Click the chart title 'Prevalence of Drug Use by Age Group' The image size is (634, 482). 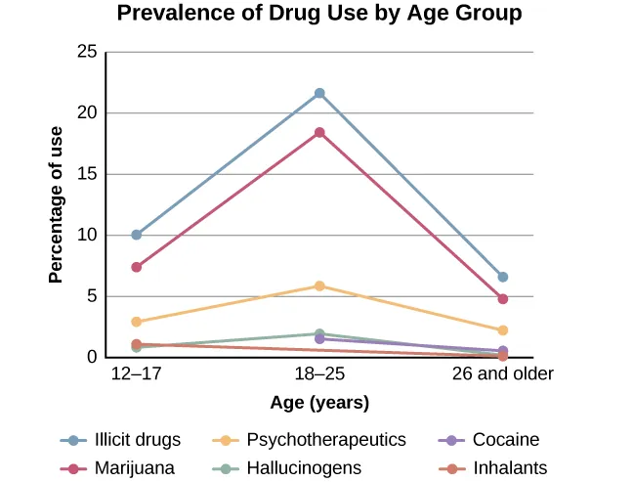[x=318, y=14]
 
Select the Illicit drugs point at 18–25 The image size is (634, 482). [x=319, y=93]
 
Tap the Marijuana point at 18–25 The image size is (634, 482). [x=319, y=132]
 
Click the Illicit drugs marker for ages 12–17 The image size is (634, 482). [x=137, y=235]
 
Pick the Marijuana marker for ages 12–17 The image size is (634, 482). [x=137, y=267]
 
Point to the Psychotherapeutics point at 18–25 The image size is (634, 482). [x=319, y=285]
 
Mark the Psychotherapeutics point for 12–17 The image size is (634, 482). [x=137, y=322]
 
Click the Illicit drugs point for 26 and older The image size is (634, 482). [x=502, y=277]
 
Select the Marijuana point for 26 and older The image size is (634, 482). [x=502, y=298]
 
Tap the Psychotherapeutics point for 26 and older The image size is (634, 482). [x=502, y=330]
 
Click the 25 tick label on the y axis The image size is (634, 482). [x=86, y=52]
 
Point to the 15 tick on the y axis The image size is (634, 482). [x=86, y=174]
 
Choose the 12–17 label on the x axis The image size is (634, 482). [x=137, y=374]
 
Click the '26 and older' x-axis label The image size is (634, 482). [x=502, y=374]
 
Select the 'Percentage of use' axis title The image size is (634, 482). [x=57, y=204]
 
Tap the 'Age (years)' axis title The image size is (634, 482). [x=319, y=403]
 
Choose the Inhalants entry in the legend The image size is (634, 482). [x=494, y=468]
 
